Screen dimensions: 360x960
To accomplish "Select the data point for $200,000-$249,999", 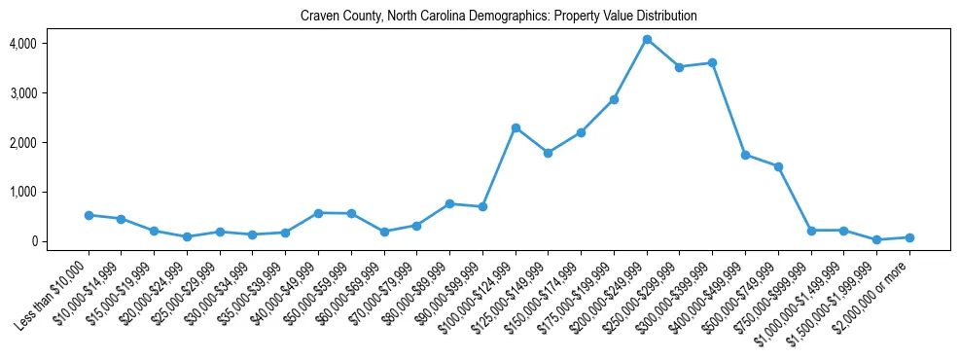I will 647,40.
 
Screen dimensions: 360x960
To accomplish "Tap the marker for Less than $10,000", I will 89,215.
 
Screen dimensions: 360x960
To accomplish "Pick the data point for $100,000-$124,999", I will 516,128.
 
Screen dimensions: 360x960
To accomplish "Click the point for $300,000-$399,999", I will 712,63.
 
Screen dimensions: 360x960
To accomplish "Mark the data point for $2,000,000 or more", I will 909,237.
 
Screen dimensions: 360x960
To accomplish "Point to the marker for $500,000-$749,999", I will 778,166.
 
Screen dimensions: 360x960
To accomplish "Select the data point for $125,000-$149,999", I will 549,153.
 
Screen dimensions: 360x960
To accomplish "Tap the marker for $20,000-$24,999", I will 187,236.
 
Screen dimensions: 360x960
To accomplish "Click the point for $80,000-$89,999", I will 449,203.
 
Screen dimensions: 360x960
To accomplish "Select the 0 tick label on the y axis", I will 33,241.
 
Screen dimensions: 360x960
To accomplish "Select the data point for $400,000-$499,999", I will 745,155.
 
